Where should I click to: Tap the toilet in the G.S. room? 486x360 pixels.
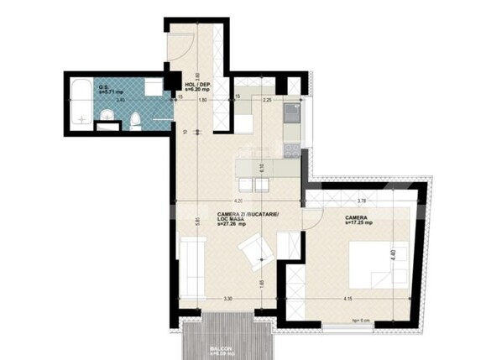pos(135,123)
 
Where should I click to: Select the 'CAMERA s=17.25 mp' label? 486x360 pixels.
pos(357,220)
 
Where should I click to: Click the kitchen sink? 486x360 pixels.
pos(292,109)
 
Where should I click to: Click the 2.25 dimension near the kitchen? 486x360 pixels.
pos(267,101)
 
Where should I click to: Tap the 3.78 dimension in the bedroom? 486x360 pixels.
pos(361,201)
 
